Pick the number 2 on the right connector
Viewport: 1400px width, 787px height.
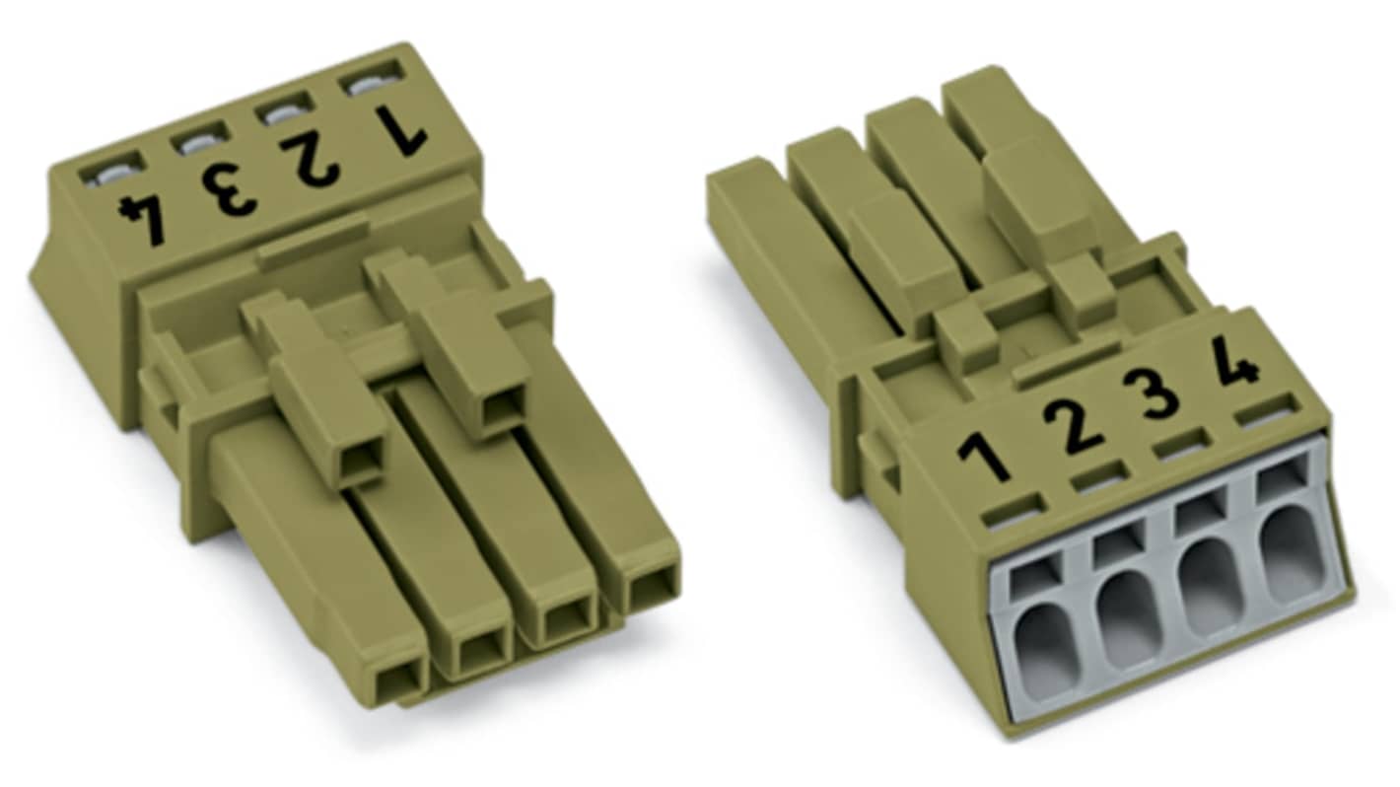(x=1073, y=426)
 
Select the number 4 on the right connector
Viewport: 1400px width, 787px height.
(x=1234, y=362)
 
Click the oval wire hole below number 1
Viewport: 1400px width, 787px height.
(x=1046, y=652)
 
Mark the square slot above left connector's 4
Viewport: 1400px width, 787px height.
(x=110, y=173)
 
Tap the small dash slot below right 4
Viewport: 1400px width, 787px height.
(x=1265, y=410)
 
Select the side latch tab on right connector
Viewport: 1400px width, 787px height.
(x=880, y=464)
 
